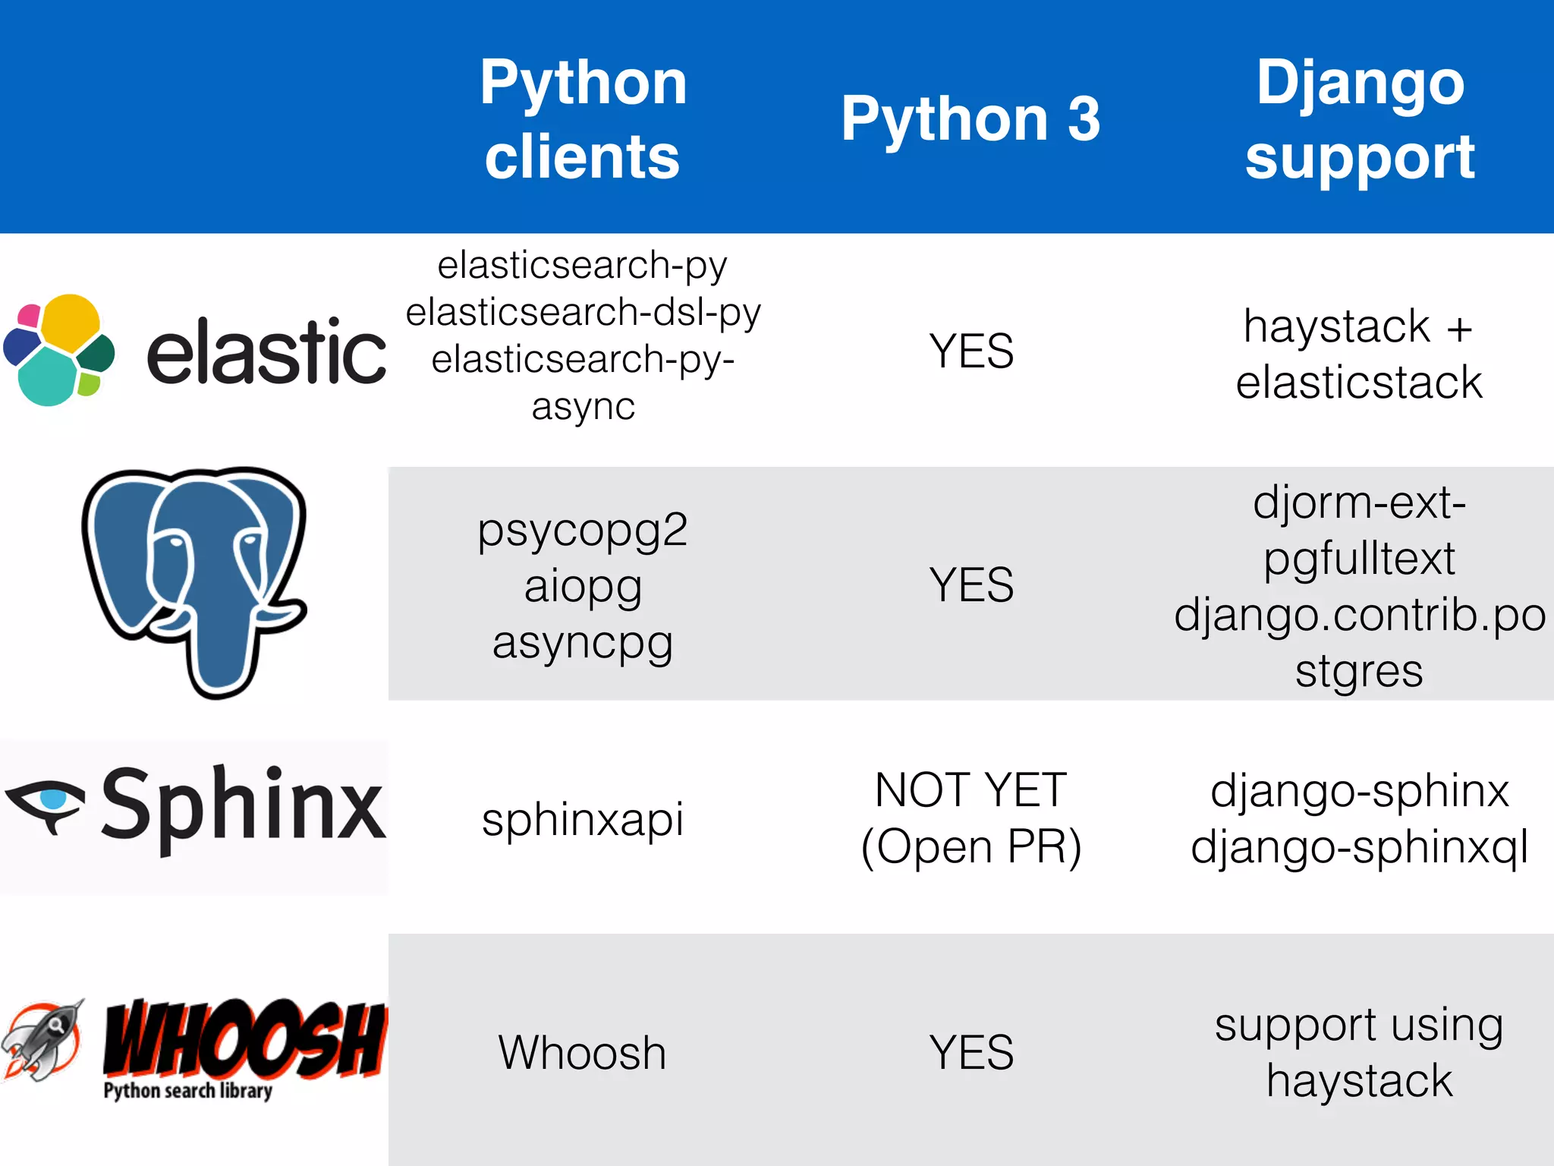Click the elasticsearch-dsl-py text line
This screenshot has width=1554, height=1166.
click(x=583, y=312)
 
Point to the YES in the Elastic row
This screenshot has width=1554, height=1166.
click(x=971, y=351)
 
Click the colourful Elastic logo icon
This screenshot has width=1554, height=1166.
click(x=59, y=350)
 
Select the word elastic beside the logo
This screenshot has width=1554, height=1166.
click(x=266, y=351)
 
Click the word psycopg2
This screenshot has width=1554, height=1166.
click(x=583, y=530)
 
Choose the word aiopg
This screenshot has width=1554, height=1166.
click(x=583, y=586)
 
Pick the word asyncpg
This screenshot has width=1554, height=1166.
click(x=583, y=642)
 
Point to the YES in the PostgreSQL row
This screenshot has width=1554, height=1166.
click(x=971, y=585)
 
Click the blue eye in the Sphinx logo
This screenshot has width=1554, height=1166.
click(x=53, y=799)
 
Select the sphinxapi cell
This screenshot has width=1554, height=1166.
click(x=583, y=819)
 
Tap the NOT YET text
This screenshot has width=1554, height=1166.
click(x=970, y=790)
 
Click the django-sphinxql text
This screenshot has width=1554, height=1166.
click(x=1359, y=847)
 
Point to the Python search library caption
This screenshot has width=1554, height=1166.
click(x=187, y=1091)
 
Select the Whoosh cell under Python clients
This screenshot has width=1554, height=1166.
click(x=583, y=1053)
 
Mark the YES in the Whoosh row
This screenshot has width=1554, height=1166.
click(x=971, y=1053)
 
